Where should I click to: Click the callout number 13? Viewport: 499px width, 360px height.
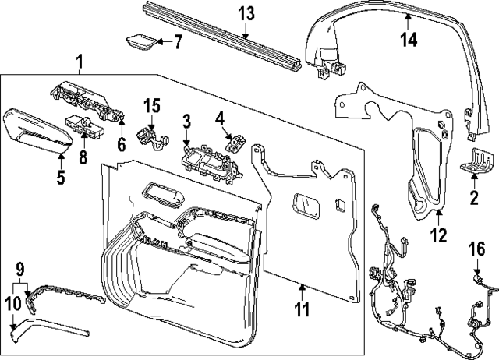[x=246, y=13]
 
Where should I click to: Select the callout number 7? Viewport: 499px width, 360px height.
[x=177, y=42]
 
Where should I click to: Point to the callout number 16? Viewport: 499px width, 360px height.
[x=476, y=249]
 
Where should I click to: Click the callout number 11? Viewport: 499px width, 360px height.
[x=303, y=309]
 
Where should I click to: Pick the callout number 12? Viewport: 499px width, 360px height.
[x=439, y=235]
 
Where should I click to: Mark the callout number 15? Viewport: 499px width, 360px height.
[x=151, y=104]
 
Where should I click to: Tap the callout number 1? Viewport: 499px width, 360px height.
[x=79, y=61]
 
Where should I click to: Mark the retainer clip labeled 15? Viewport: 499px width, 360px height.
[x=150, y=133]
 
